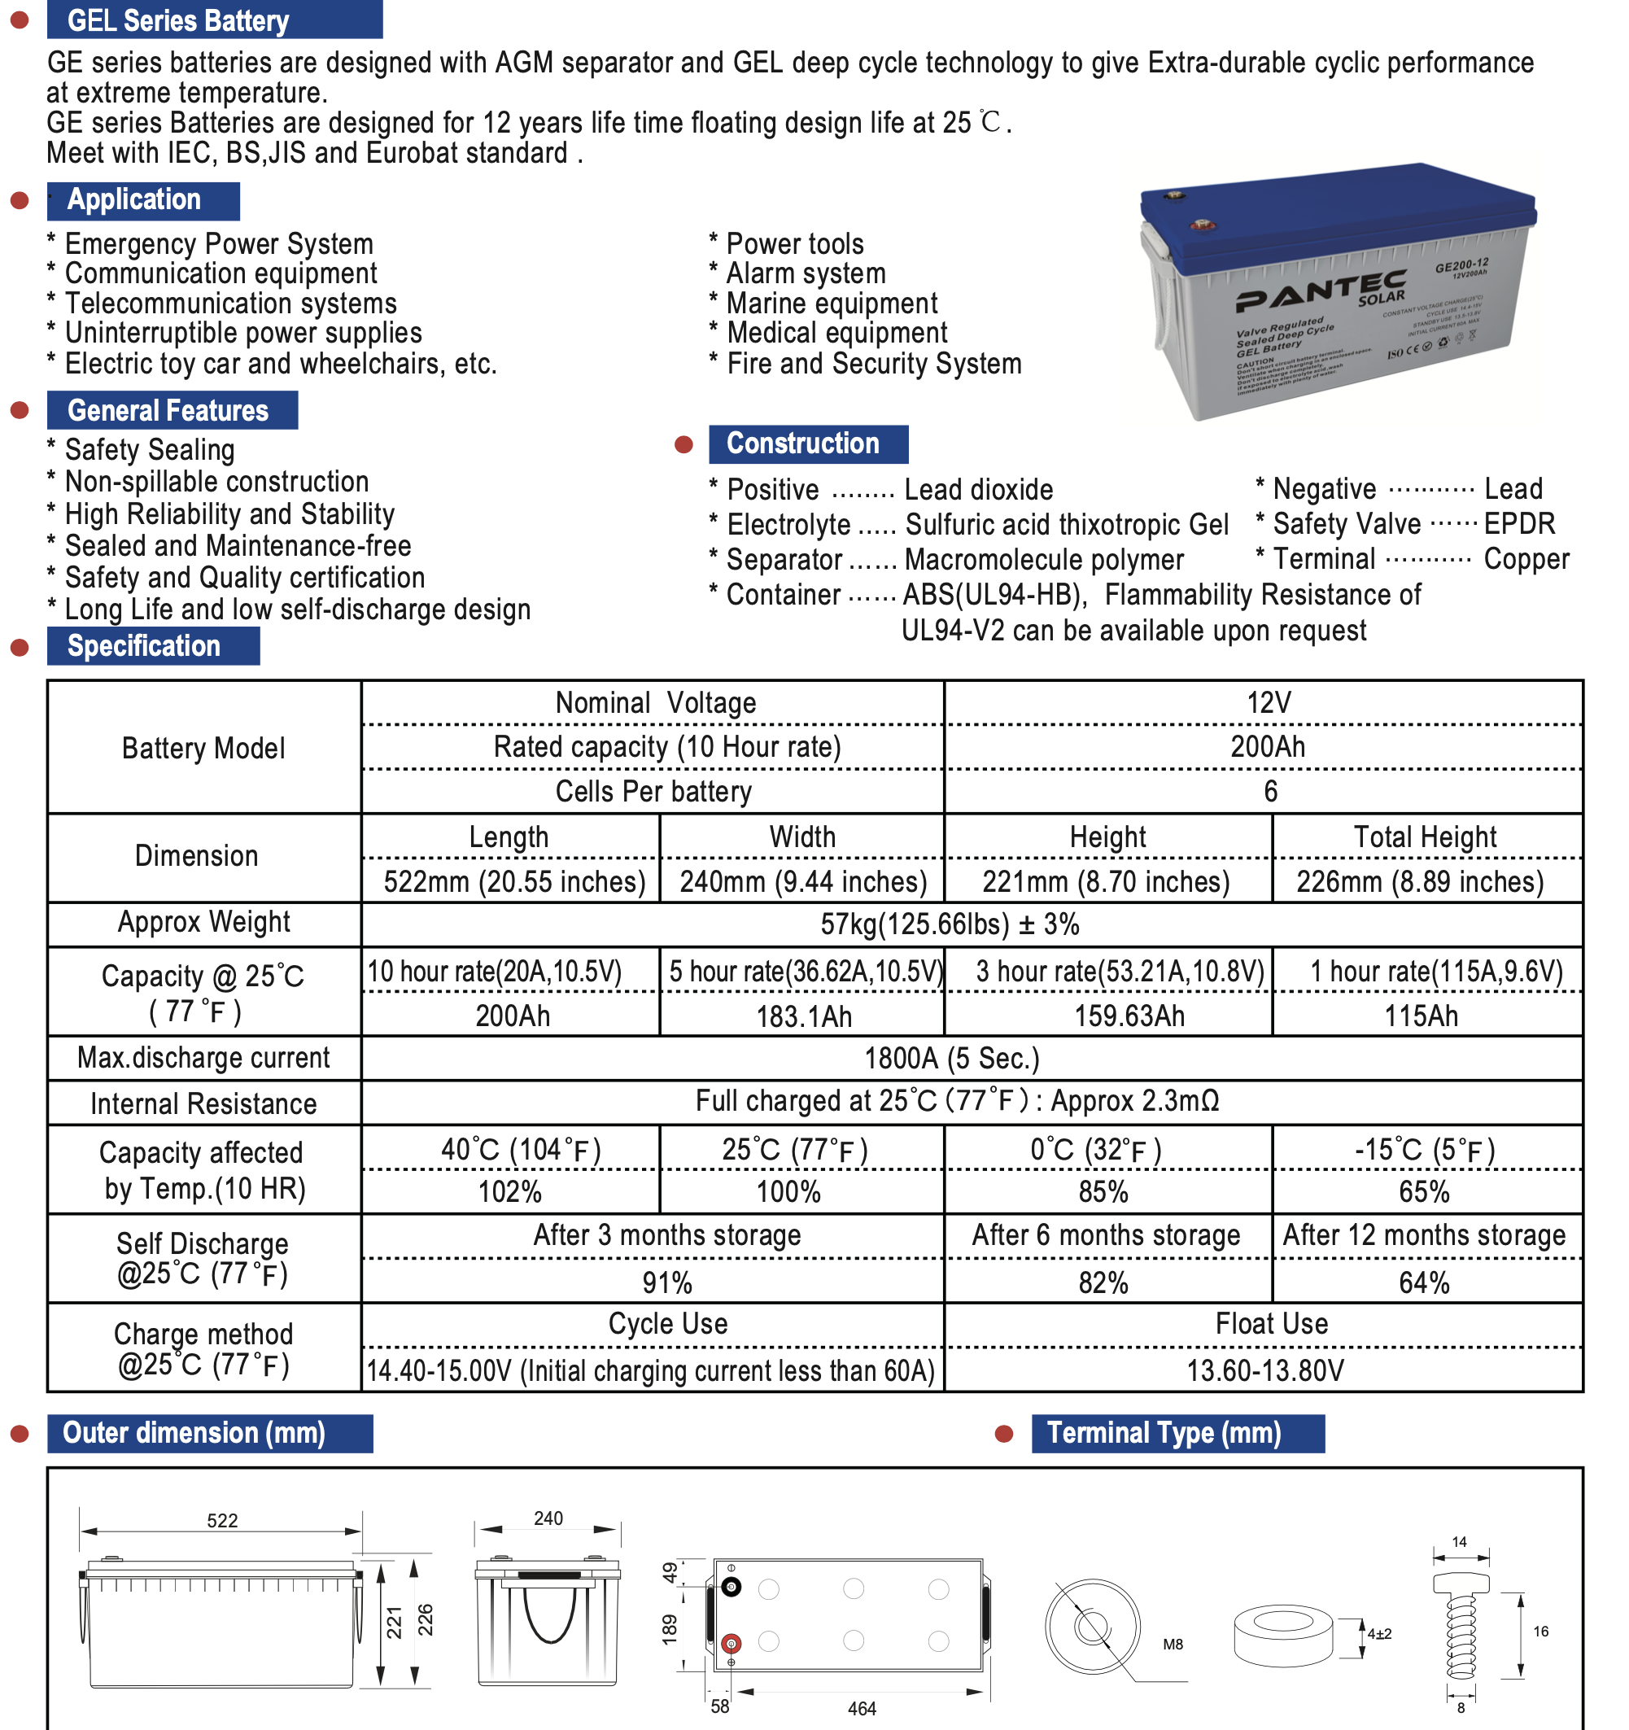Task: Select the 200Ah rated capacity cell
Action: coord(1267,747)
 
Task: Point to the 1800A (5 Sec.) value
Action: coord(952,1058)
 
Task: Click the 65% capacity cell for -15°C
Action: coord(1424,1192)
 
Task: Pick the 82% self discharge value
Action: coord(1103,1282)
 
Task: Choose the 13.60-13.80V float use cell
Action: coord(1265,1370)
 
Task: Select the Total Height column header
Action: coord(1425,837)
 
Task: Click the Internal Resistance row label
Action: coord(203,1103)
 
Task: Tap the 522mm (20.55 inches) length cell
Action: coord(514,881)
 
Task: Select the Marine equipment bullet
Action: coord(832,304)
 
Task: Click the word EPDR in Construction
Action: coord(1518,524)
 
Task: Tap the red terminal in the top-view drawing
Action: coord(731,1644)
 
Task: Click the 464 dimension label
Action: coord(862,1708)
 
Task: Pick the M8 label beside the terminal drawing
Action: coord(1173,1644)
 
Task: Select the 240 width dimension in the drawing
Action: coord(548,1518)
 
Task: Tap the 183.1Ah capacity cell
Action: coord(803,1016)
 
